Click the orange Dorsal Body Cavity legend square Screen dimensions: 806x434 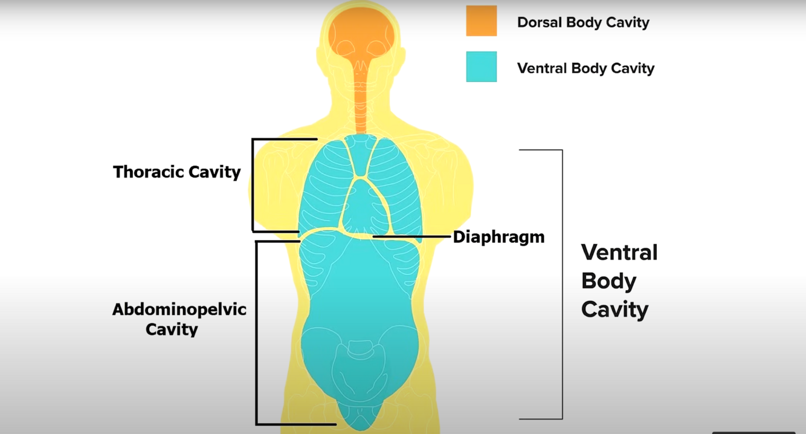(481, 21)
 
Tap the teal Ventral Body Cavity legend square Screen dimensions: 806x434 (481, 66)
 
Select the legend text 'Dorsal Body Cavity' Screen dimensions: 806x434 (583, 22)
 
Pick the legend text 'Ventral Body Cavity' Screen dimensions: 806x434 (585, 68)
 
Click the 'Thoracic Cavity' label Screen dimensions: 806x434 (176, 172)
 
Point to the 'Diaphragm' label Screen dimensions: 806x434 (498, 236)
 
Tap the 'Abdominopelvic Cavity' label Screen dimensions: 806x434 (179, 319)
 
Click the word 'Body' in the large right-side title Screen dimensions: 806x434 (608, 281)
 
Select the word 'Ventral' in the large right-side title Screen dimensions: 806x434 (619, 252)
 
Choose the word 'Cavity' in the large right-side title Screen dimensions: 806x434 (614, 309)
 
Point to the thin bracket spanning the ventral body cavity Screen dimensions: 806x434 (562, 284)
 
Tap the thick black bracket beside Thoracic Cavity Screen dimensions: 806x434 (253, 184)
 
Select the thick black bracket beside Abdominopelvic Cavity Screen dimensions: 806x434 (257, 332)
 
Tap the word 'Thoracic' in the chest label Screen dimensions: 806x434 (147, 172)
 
